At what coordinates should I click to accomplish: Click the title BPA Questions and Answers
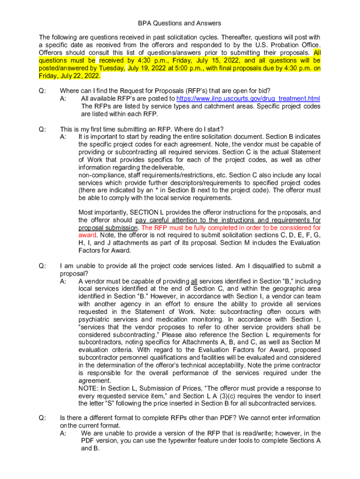click(x=180, y=23)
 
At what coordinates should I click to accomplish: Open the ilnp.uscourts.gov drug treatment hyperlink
click(x=248, y=99)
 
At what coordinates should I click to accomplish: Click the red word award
click(x=87, y=235)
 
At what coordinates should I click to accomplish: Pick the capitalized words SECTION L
click(x=148, y=212)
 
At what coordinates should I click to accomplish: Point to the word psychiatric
click(x=94, y=319)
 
